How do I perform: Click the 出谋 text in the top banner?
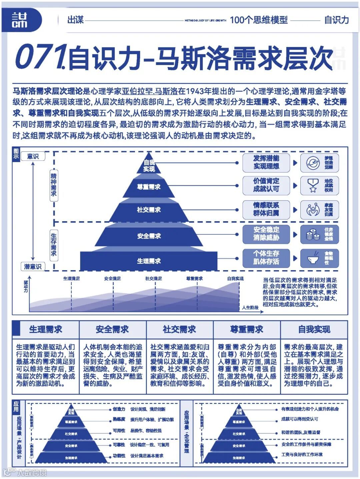click(x=75, y=20)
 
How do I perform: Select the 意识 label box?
click(x=33, y=156)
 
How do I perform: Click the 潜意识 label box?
click(x=33, y=267)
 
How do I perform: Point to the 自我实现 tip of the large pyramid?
click(x=149, y=165)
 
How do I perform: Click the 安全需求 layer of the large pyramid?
click(x=149, y=236)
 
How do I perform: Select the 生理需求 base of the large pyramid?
click(x=149, y=261)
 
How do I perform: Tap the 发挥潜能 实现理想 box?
click(x=266, y=162)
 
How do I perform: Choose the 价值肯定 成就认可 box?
click(x=266, y=185)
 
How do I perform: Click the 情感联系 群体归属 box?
click(x=266, y=209)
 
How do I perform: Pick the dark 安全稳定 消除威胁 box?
click(x=266, y=233)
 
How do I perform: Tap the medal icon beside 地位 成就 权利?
click(x=313, y=185)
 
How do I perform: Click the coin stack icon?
click(x=313, y=234)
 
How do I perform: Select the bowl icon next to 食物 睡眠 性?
click(x=313, y=258)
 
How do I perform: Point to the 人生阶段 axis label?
click(x=250, y=308)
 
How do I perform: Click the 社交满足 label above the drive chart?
click(x=154, y=279)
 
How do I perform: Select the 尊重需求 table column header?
click(x=247, y=330)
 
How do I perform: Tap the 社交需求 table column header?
click(x=179, y=330)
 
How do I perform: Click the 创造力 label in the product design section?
click(x=119, y=409)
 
